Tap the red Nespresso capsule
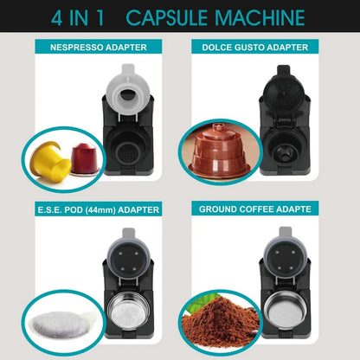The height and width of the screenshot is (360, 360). click(83, 157)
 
